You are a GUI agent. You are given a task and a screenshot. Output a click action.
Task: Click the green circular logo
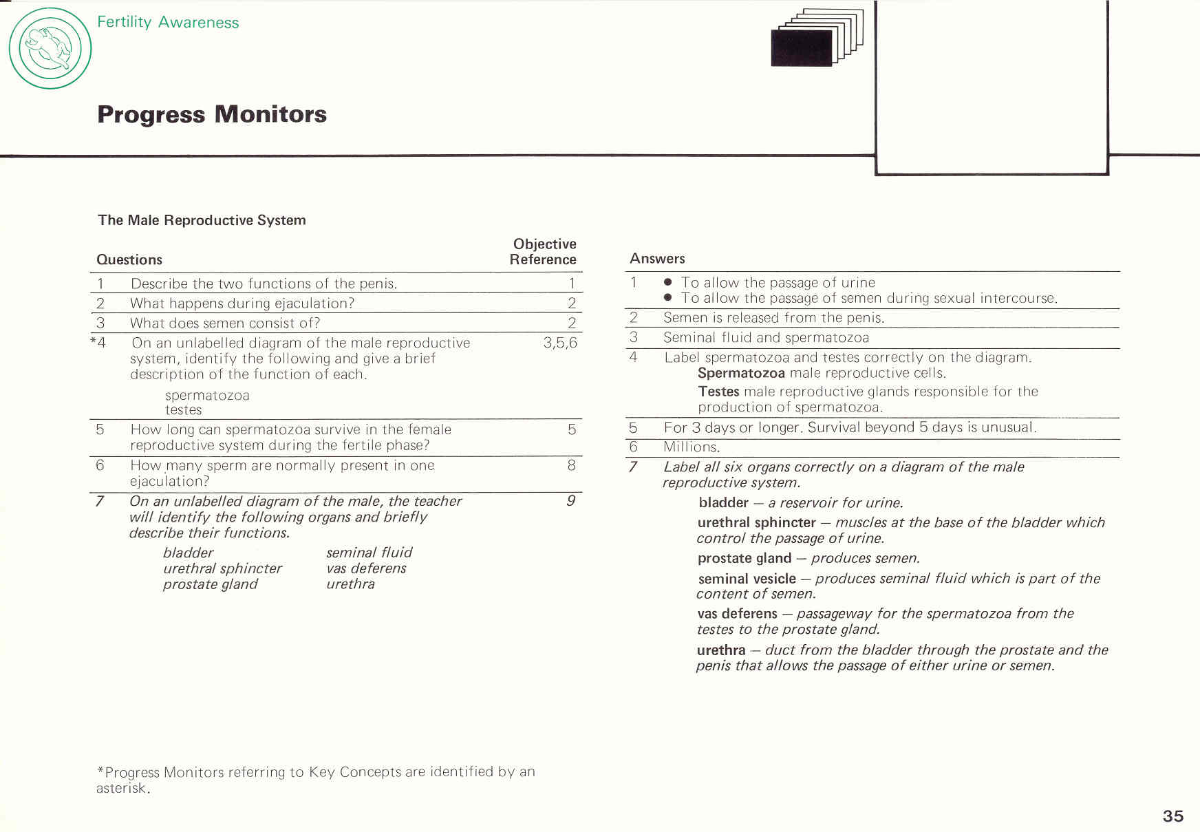50,48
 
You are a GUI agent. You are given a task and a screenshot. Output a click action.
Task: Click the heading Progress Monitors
212,114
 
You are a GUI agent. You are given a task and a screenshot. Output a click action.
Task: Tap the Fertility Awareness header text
168,22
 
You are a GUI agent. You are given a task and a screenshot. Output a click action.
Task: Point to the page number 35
1172,815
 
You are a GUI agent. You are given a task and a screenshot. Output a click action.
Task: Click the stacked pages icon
817,38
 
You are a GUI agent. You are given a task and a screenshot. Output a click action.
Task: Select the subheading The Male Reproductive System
202,220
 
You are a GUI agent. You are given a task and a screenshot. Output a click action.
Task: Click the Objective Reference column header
544,252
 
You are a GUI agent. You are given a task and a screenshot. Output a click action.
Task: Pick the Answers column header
657,259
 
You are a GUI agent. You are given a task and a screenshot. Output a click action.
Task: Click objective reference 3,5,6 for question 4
559,343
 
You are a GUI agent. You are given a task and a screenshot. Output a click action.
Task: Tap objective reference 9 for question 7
570,501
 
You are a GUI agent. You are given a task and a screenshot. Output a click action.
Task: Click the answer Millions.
692,447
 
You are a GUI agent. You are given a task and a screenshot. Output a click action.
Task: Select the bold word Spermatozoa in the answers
741,373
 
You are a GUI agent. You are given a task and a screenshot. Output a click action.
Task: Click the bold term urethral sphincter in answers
756,522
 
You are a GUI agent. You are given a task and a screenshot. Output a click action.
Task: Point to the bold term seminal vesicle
747,579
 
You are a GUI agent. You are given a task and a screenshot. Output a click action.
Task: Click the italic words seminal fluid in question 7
369,553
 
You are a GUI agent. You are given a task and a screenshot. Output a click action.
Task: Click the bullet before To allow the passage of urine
667,282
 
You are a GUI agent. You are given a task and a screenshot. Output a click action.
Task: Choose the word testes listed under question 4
183,410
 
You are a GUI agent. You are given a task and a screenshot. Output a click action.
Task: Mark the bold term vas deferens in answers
737,614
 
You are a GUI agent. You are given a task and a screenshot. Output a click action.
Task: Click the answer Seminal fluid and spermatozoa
766,338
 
